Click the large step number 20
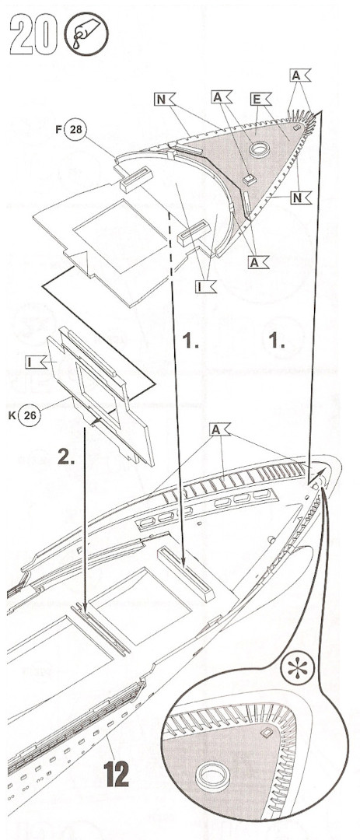(33, 34)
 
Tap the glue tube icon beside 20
(86, 34)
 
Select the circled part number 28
(75, 130)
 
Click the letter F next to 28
(58, 130)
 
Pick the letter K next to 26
(11, 415)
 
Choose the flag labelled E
(261, 99)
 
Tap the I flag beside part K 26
(36, 362)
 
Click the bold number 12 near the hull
(117, 774)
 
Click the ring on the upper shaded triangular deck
(260, 149)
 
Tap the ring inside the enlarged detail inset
(213, 776)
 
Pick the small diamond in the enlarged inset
(266, 731)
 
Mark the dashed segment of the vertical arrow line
(170, 242)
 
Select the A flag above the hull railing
(220, 429)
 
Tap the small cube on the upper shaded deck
(247, 180)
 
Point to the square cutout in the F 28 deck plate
(120, 236)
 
